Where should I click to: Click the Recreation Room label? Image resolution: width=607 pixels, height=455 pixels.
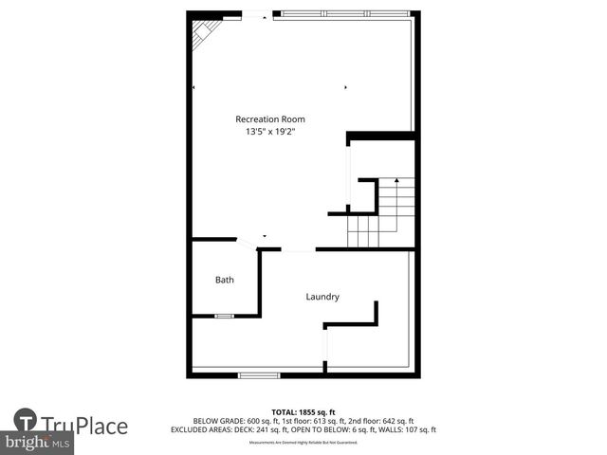[270, 118]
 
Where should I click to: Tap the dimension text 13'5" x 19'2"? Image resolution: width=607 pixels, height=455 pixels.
[270, 132]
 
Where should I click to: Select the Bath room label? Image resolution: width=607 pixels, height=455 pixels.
[224, 280]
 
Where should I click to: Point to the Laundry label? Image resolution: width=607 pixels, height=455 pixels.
[322, 297]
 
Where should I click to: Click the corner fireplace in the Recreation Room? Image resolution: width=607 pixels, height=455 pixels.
[203, 34]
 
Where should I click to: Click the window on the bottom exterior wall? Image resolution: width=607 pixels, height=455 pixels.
[258, 375]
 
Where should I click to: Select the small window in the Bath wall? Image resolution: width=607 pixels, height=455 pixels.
[224, 316]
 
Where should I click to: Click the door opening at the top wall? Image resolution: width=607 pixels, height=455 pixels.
[258, 15]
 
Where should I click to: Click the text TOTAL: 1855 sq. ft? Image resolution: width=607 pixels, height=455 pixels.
[303, 411]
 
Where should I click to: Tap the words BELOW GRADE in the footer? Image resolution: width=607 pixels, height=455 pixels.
[214, 420]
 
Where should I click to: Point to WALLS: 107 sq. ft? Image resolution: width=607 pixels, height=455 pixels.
[412, 429]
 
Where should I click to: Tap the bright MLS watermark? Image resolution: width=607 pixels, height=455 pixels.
[38, 443]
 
